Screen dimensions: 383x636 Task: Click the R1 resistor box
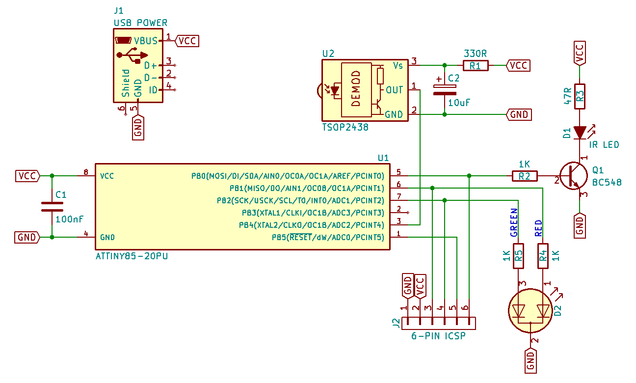[x=476, y=65]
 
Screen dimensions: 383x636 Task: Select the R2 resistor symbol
[x=525, y=176]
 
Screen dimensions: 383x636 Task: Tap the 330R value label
[x=476, y=53]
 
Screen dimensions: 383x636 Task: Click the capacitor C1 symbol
[x=52, y=206]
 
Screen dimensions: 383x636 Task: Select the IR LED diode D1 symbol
[x=580, y=133]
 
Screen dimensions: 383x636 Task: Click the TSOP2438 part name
[x=345, y=127]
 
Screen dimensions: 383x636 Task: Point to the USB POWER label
[x=140, y=23]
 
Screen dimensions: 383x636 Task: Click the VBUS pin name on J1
[x=146, y=41]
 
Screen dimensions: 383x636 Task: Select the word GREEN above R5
[x=514, y=222]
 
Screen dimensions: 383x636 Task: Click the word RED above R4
[x=538, y=228]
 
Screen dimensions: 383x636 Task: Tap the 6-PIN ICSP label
[x=438, y=336]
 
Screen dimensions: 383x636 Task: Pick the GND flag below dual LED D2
[x=530, y=359]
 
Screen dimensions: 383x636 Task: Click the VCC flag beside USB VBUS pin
[x=187, y=41]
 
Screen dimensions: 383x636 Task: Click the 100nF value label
[x=69, y=219]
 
